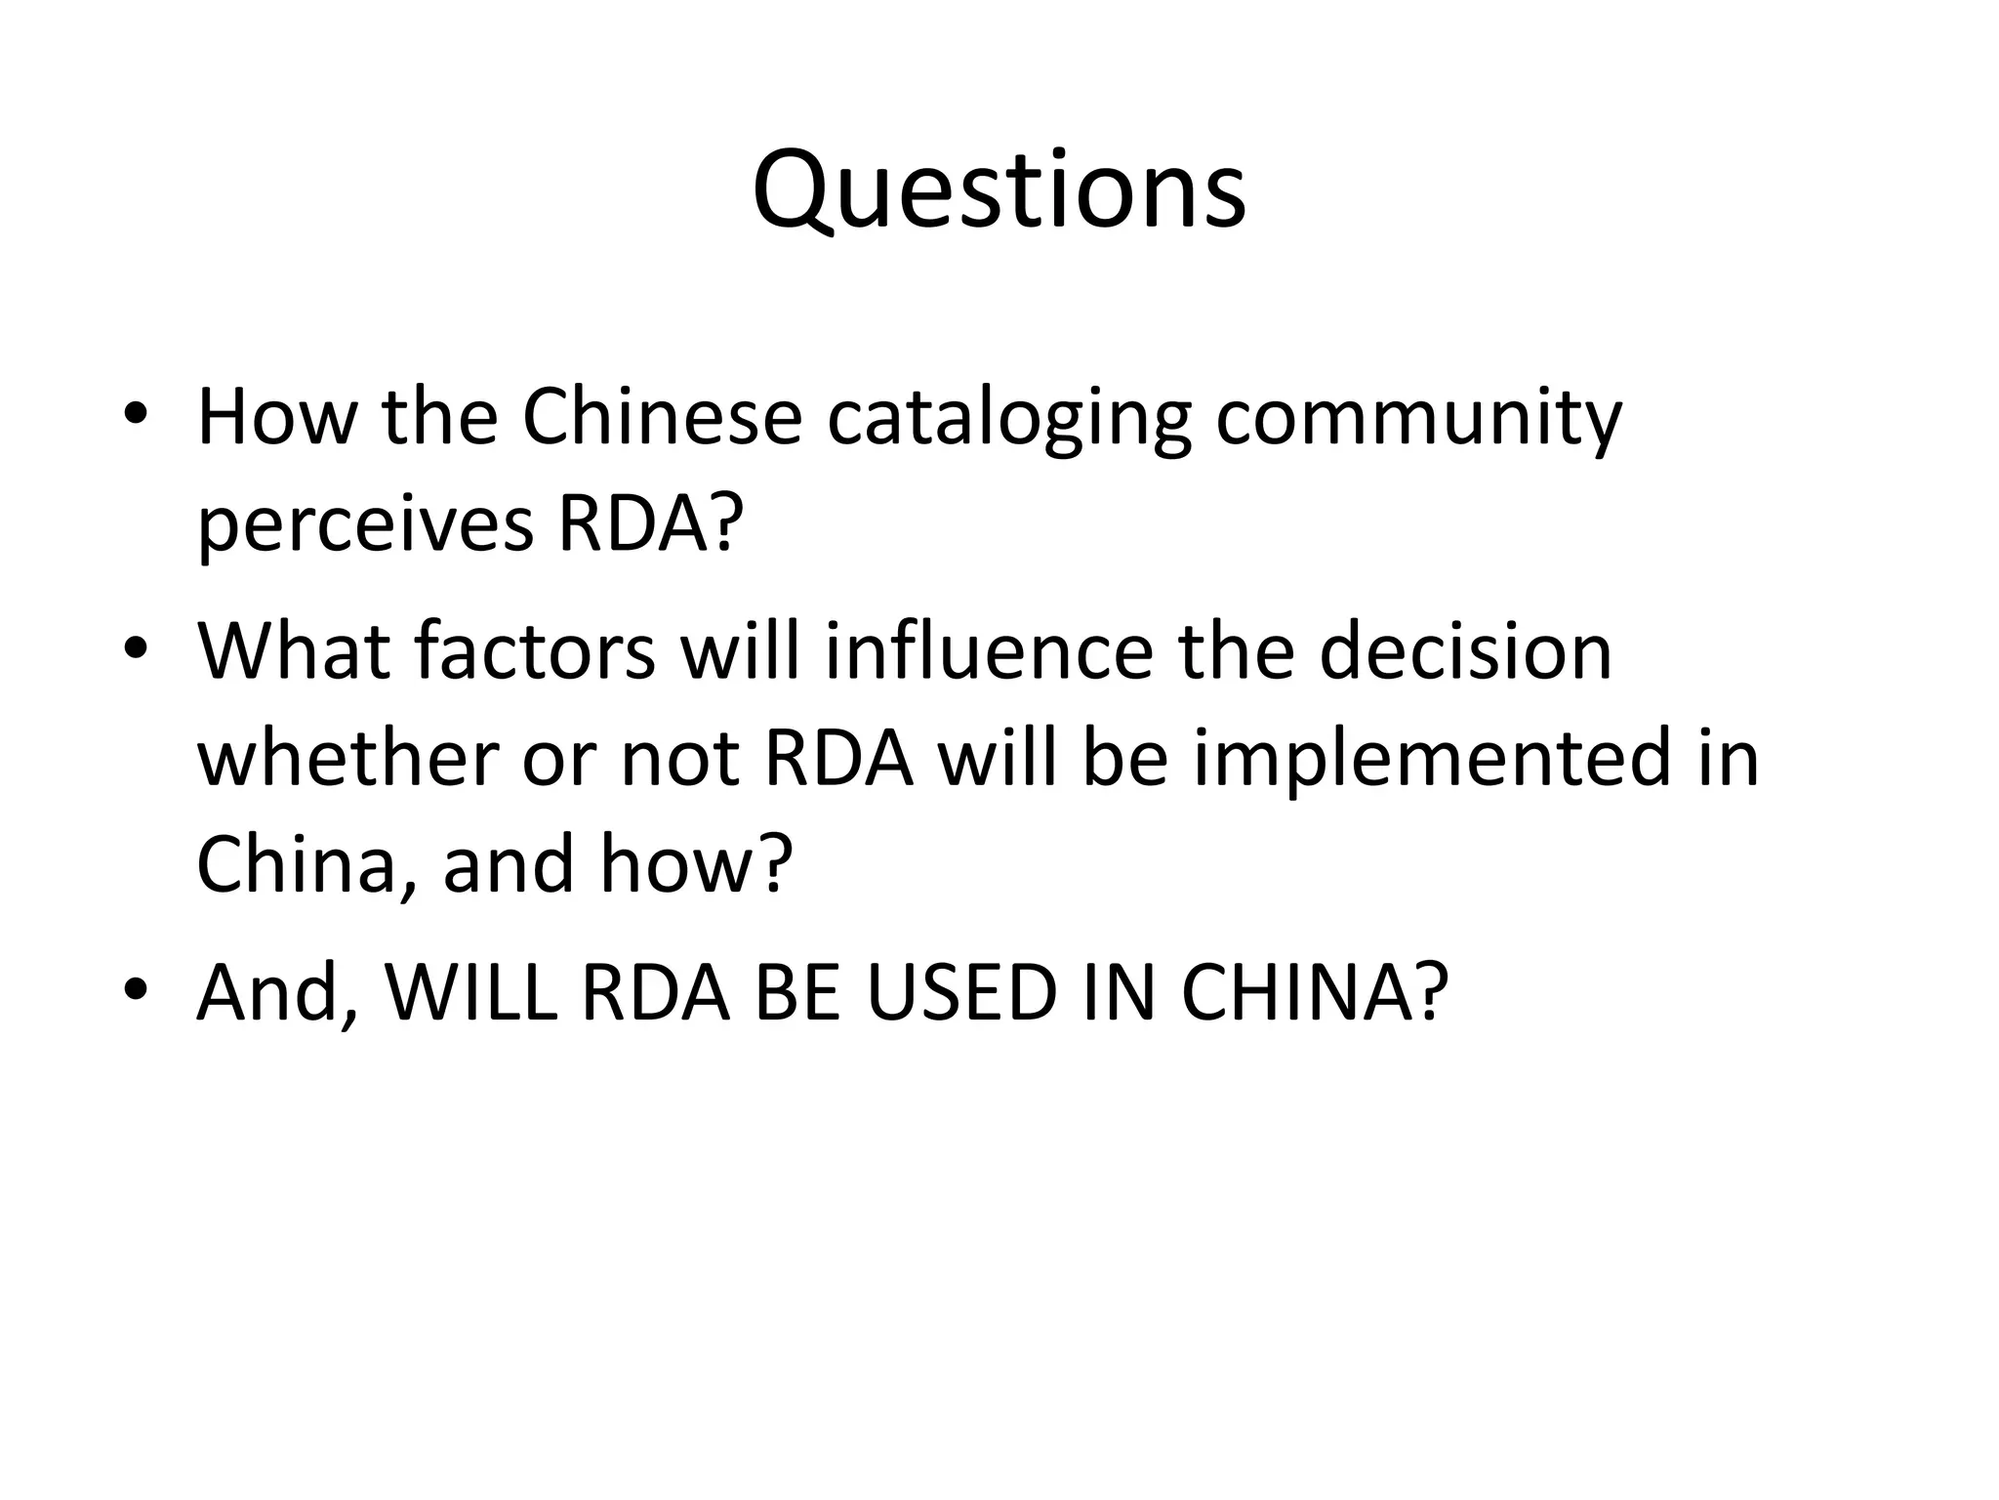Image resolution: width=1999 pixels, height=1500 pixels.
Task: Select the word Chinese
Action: point(662,417)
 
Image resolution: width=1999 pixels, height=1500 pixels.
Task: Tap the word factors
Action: point(535,651)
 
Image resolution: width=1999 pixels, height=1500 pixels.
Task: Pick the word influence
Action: point(989,651)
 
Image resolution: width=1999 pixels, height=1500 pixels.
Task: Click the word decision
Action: point(1465,651)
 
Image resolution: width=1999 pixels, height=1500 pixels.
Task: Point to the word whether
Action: point(347,759)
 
